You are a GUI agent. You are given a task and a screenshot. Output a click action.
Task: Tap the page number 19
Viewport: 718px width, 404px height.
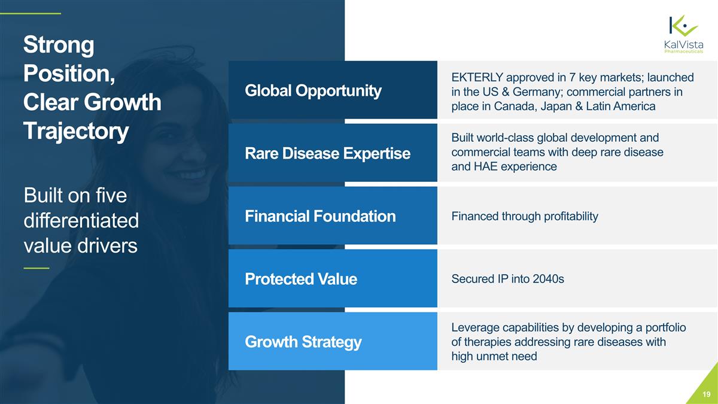(707, 394)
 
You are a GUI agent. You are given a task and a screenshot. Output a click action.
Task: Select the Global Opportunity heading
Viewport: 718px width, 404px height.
(312, 90)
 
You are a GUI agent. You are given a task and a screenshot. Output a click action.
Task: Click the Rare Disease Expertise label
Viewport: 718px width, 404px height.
(327, 154)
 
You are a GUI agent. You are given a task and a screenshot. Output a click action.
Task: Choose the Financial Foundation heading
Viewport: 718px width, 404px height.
(320, 216)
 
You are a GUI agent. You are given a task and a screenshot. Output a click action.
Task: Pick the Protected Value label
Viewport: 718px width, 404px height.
(300, 279)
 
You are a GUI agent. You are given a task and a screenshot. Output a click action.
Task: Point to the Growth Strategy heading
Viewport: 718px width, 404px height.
(303, 342)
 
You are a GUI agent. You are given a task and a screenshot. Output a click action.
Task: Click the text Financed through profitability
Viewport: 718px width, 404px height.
(524, 216)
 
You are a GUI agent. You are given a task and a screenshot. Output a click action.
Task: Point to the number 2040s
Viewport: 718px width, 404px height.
(546, 279)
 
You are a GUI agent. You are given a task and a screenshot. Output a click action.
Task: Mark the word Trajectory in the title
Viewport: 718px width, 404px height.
(75, 131)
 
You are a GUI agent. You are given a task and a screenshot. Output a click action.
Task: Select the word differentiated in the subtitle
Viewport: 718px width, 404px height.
(81, 221)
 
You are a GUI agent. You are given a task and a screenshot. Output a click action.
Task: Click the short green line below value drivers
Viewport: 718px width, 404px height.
(36, 268)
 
